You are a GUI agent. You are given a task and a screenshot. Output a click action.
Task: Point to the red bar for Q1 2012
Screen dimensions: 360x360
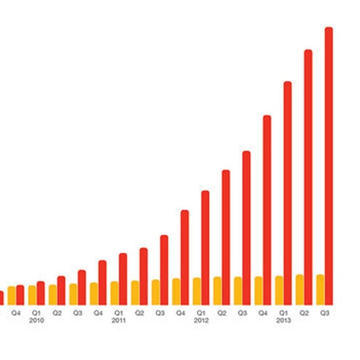[x=205, y=247]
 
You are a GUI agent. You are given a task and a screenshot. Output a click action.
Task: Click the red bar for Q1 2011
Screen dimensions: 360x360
[x=123, y=279]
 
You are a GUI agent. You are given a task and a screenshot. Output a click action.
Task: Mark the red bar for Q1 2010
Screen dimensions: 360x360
[x=40, y=293]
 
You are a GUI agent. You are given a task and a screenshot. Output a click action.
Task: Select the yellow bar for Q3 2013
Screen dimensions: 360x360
[x=320, y=289]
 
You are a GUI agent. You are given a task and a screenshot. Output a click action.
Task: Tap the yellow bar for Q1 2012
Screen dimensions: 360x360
[x=197, y=291]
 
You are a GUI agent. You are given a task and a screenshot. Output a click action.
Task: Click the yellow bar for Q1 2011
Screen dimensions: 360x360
[x=114, y=292]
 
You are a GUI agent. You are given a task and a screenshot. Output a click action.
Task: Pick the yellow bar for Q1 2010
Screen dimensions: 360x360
[x=32, y=295]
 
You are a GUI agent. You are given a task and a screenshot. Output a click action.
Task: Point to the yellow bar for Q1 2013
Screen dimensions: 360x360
[x=279, y=290]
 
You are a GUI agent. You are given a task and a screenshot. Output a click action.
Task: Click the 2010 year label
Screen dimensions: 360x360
[x=37, y=320]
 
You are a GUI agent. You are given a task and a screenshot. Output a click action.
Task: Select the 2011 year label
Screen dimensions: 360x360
[x=119, y=320]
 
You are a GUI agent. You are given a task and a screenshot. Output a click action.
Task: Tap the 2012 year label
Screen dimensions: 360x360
[x=201, y=320]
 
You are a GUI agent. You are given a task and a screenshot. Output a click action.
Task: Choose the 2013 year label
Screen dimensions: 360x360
[x=283, y=320]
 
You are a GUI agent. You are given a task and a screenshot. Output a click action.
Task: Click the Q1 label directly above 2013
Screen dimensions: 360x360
[x=283, y=312]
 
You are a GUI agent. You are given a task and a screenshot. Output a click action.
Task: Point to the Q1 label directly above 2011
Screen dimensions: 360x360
[x=119, y=312]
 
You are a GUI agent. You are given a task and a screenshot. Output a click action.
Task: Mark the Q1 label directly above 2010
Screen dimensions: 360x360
[x=37, y=312]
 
